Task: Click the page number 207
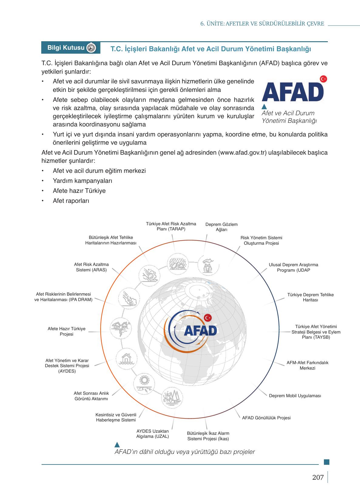coord(318,478)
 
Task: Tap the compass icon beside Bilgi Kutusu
coord(91,48)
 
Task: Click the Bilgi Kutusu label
coord(66,48)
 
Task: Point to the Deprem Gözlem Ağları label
coord(221,227)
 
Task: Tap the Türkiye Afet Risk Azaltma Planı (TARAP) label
coord(171,226)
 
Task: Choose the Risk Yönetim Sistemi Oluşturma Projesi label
coord(261,240)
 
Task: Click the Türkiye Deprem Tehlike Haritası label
coord(310,297)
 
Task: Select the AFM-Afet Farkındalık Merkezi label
coord(307,365)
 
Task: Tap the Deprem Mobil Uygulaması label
coord(295,396)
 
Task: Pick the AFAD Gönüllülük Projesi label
coord(266,418)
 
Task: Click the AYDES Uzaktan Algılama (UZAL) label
coord(153,434)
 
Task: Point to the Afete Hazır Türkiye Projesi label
coord(66,331)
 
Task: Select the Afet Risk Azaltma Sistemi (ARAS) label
coord(91,267)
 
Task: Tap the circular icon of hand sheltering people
coord(208,264)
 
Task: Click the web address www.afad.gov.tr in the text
coord(242,153)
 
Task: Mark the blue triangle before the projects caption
coord(117,444)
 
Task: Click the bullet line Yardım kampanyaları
coord(82,181)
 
